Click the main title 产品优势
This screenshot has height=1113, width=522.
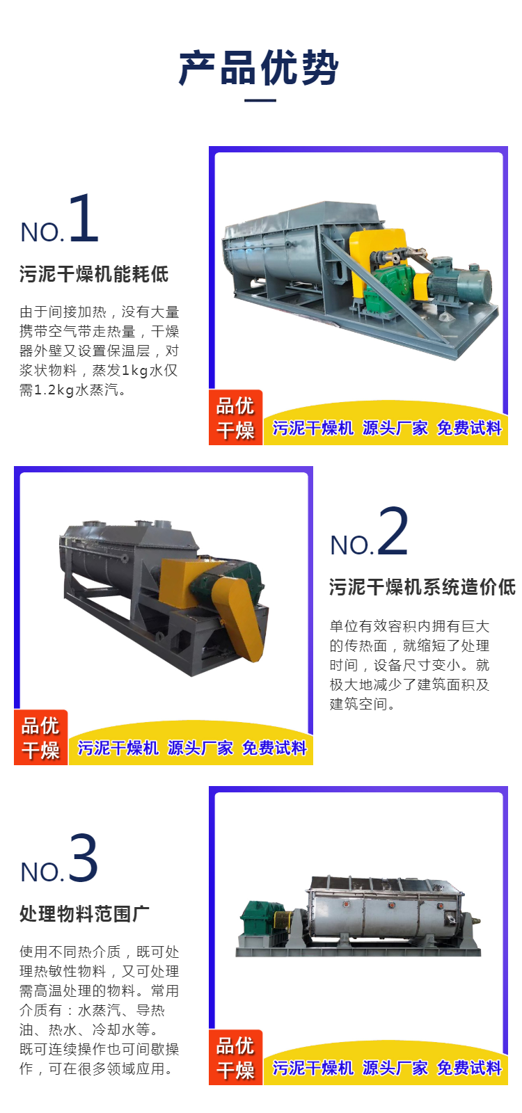click(x=259, y=67)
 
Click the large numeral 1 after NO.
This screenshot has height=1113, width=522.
click(x=84, y=218)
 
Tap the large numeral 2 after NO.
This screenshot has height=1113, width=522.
click(x=393, y=531)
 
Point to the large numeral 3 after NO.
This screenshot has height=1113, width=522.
click(x=83, y=858)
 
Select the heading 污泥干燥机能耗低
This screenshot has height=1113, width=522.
click(x=94, y=274)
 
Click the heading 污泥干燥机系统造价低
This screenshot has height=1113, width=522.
click(x=422, y=587)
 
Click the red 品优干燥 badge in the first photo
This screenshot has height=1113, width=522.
click(x=236, y=417)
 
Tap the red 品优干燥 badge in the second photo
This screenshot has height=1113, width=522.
click(x=41, y=737)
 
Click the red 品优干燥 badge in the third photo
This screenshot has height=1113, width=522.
click(x=236, y=1057)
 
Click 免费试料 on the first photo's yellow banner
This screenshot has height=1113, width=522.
click(x=469, y=428)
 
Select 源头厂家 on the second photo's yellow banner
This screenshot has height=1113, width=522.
click(x=200, y=748)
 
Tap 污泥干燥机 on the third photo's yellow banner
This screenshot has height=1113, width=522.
click(x=313, y=1068)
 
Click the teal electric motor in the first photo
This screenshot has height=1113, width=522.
click(x=460, y=286)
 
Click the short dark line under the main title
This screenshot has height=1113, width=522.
click(x=260, y=100)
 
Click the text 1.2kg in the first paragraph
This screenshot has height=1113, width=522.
click(x=54, y=390)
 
